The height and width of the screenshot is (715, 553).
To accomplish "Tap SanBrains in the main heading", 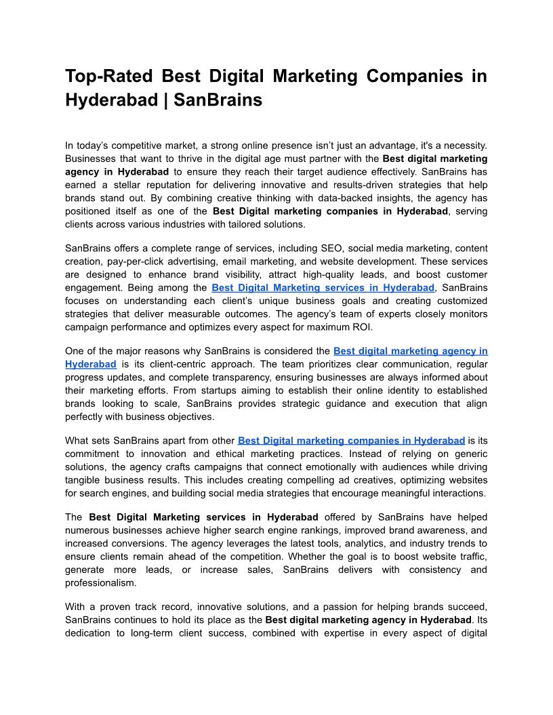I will pyautogui.click(x=218, y=100).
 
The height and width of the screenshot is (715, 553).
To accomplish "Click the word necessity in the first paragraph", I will pyautogui.click(x=459, y=146).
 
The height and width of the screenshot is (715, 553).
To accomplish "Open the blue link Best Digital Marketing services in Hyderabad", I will pyautogui.click(x=323, y=288).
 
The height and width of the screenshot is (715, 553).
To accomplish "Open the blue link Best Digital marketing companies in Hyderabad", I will pyautogui.click(x=351, y=440).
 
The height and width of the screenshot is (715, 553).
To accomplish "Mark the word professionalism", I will pyautogui.click(x=100, y=582).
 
